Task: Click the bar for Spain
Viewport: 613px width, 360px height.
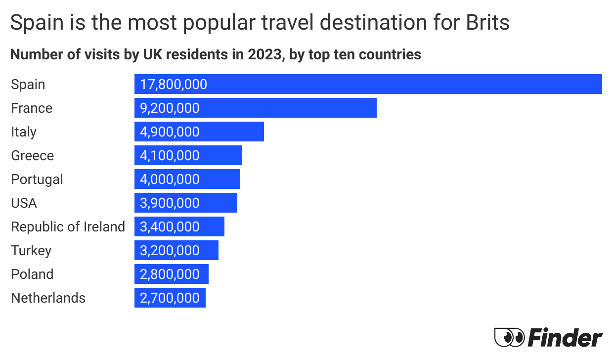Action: [368, 84]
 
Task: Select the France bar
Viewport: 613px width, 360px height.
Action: [255, 108]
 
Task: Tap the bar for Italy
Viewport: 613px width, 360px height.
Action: [199, 132]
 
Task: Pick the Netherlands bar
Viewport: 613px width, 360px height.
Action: [170, 298]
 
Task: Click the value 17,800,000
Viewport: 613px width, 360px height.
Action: [174, 85]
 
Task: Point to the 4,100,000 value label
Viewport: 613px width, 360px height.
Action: [170, 156]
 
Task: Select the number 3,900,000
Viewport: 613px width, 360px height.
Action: [170, 203]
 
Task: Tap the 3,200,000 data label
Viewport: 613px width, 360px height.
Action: [170, 251]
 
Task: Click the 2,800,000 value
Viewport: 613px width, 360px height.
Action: [170, 274]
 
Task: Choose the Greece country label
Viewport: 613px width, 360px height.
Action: [33, 156]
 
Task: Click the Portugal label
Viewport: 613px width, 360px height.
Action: [37, 180]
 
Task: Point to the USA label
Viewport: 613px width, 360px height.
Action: [24, 203]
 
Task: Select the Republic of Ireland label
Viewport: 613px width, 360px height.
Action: [68, 227]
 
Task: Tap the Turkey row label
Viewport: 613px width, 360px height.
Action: [31, 251]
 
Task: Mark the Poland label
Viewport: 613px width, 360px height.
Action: [32, 274]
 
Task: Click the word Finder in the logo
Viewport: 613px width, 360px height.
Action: [565, 338]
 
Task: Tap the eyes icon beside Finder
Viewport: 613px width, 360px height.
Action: [509, 338]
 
